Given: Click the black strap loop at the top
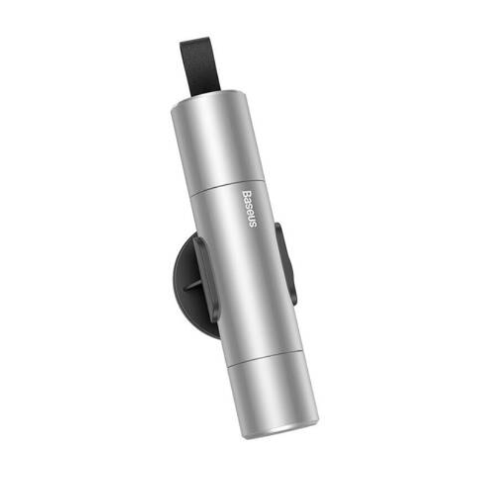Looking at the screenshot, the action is tap(200, 66).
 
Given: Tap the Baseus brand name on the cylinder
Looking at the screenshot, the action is tap(249, 208).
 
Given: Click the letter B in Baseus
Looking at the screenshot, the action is tap(246, 194).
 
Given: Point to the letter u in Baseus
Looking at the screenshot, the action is tap(251, 219).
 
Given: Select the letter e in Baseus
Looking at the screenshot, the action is tap(250, 213).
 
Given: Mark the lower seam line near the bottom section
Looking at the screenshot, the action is tap(264, 358).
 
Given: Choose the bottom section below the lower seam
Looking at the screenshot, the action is tap(273, 397).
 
